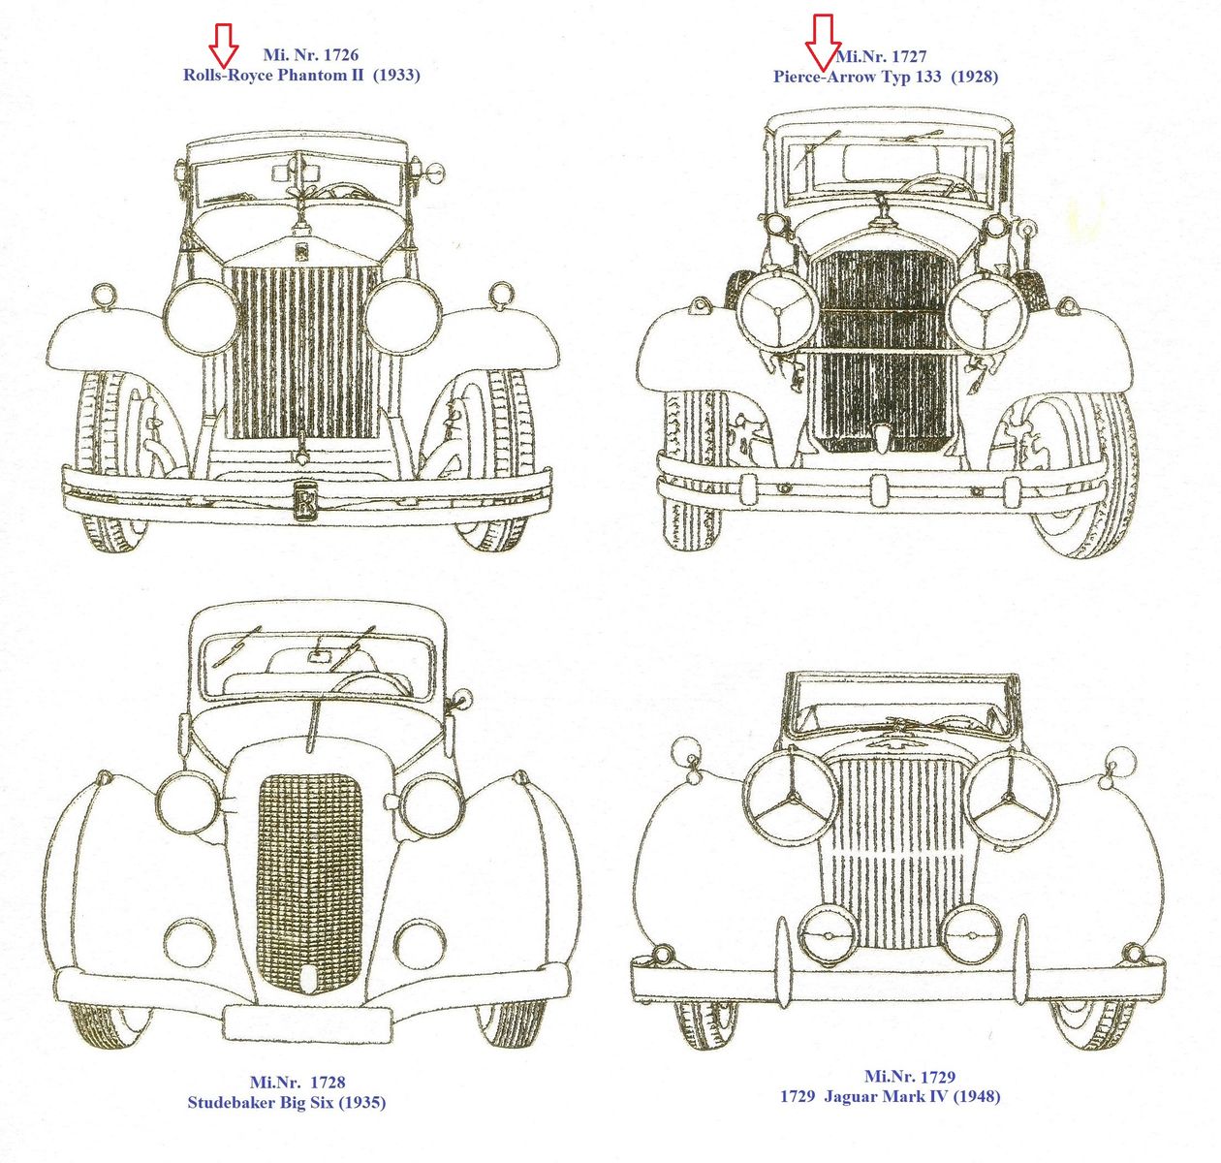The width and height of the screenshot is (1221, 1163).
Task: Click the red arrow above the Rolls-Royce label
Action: pyautogui.click(x=224, y=43)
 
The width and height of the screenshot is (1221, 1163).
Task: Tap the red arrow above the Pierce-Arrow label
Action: pyautogui.click(x=824, y=42)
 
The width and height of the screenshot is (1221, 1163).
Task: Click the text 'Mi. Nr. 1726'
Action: pyautogui.click(x=310, y=55)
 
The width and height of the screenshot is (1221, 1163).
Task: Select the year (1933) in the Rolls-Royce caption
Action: pyautogui.click(x=395, y=75)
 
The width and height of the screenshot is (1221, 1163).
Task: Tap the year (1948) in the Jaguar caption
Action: pyautogui.click(x=977, y=1096)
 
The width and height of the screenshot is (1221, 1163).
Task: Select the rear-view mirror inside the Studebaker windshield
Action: pyautogui.click(x=318, y=657)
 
